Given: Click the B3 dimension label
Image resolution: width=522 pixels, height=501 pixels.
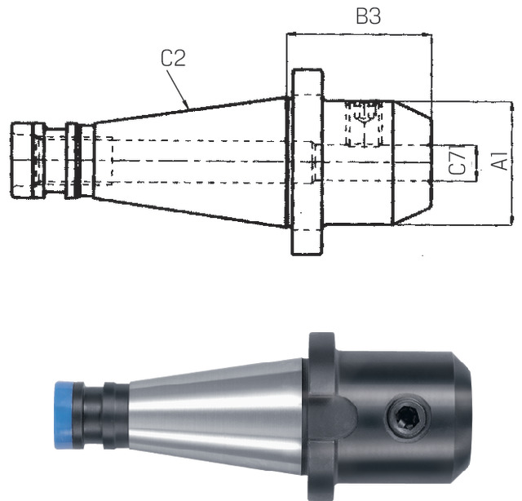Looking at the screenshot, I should point(368,16).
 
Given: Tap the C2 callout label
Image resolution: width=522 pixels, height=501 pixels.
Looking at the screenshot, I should point(173,58).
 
